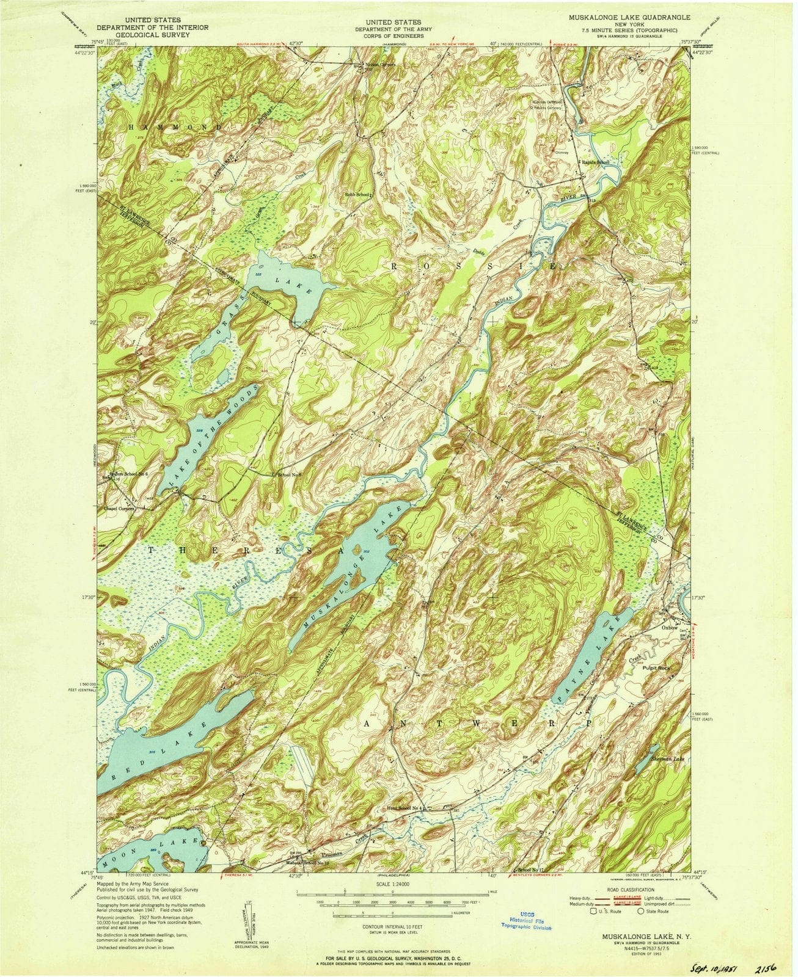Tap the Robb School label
(357, 195)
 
